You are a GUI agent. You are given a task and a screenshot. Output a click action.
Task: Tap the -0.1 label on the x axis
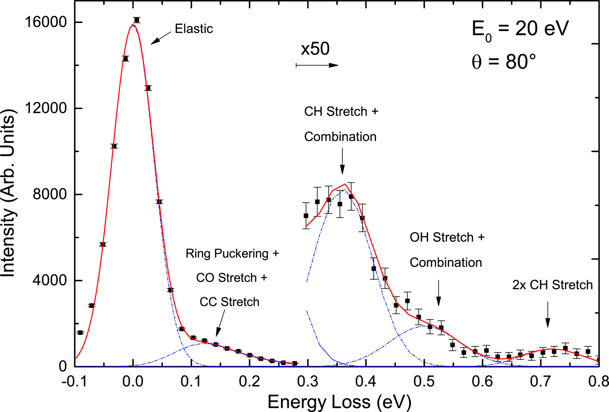click(74, 382)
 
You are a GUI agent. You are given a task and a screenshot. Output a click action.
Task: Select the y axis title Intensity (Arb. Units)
click(9, 193)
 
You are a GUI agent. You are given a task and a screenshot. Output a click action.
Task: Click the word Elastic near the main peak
click(194, 29)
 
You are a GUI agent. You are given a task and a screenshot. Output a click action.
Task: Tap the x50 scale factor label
click(315, 49)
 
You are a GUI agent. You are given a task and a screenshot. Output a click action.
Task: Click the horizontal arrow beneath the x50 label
click(317, 65)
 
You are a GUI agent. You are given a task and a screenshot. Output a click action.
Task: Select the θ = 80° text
click(504, 62)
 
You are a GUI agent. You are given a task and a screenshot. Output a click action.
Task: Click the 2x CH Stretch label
click(552, 285)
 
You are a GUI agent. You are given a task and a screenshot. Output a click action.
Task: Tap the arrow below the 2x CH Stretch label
click(548, 315)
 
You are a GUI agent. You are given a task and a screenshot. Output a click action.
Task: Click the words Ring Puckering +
click(232, 253)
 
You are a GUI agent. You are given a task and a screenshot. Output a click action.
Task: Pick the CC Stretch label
click(229, 302)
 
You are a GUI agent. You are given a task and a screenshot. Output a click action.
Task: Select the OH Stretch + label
click(447, 237)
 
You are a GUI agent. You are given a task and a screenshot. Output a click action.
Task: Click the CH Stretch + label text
click(341, 112)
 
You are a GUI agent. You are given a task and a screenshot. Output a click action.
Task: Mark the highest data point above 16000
click(137, 20)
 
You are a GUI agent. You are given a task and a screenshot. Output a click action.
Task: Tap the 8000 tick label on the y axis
click(47, 194)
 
